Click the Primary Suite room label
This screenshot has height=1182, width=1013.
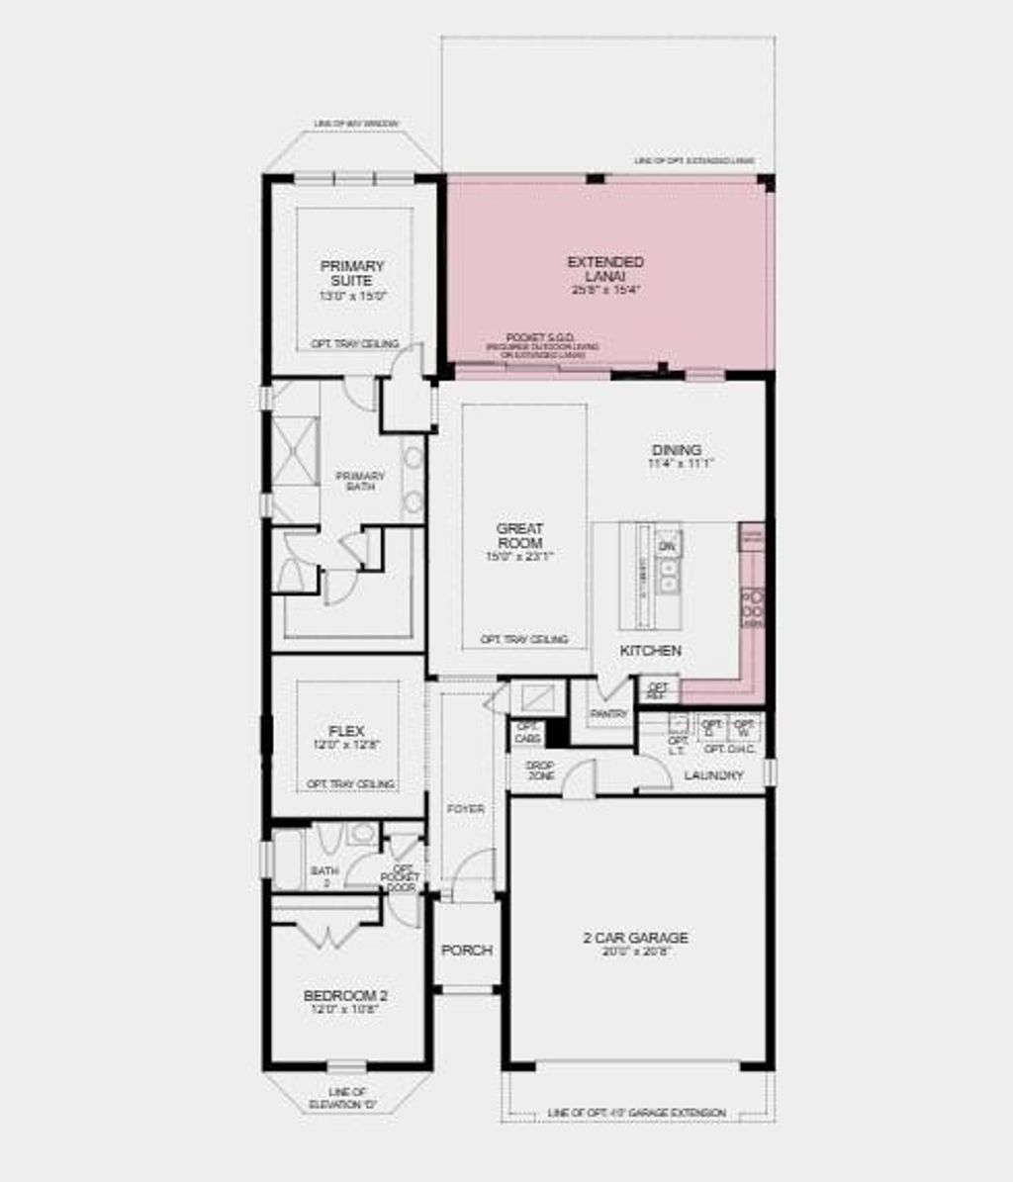(x=352, y=273)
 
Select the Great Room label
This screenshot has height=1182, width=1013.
(x=519, y=536)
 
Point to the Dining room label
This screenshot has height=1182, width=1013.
(x=677, y=451)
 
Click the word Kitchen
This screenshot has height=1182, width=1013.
(x=650, y=650)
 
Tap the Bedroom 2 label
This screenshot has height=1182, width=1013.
(x=345, y=995)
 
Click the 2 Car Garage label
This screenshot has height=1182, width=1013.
(x=635, y=938)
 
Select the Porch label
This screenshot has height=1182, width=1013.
(x=466, y=951)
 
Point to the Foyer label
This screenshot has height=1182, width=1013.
(x=465, y=809)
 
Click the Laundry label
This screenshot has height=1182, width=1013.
(x=713, y=775)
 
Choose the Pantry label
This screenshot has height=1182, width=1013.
(x=608, y=713)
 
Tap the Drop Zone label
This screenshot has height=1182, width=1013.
(x=540, y=771)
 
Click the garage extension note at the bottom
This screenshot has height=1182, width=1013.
(x=636, y=1113)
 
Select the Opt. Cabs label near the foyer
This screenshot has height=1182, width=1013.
(x=527, y=733)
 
